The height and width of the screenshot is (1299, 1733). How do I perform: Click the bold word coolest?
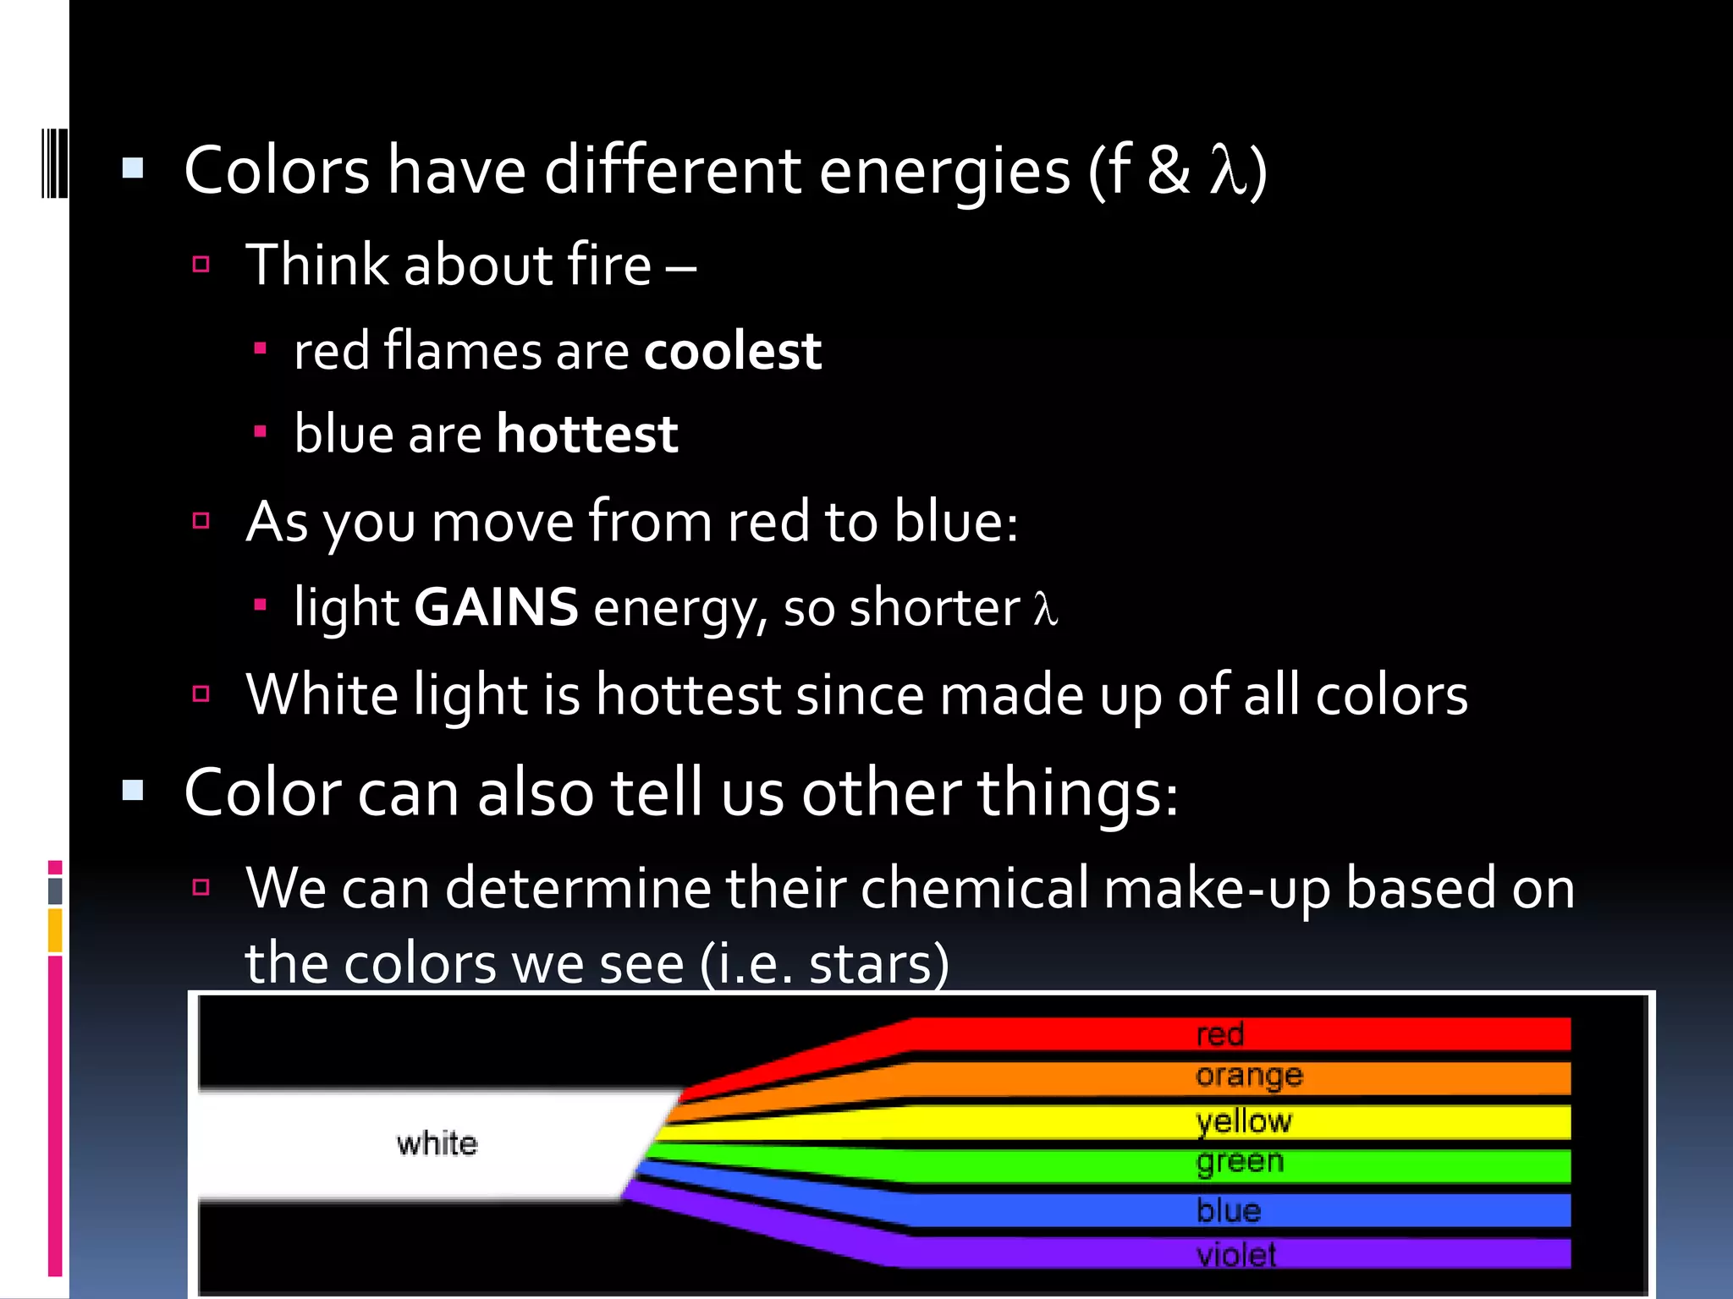click(732, 351)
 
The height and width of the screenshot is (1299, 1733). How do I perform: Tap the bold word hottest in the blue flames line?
click(587, 434)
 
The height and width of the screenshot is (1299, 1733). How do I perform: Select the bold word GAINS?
click(496, 607)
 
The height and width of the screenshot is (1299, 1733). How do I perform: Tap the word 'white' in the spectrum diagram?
click(437, 1143)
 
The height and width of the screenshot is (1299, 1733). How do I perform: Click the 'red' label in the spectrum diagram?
click(1219, 1034)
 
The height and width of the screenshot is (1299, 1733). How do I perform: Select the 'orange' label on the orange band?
click(1249, 1076)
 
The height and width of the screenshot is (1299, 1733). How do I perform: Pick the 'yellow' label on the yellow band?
click(1244, 1121)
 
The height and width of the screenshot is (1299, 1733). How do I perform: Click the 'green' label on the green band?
click(1240, 1162)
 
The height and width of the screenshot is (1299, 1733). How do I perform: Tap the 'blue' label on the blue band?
click(1229, 1210)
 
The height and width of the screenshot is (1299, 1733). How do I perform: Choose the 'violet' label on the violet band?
click(1235, 1254)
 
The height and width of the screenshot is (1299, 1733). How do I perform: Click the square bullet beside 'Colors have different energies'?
click(133, 168)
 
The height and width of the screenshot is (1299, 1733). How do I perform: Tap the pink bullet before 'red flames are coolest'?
click(261, 348)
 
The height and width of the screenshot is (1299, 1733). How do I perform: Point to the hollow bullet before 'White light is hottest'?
click(201, 694)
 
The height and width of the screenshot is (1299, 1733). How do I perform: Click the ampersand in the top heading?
click(1169, 171)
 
